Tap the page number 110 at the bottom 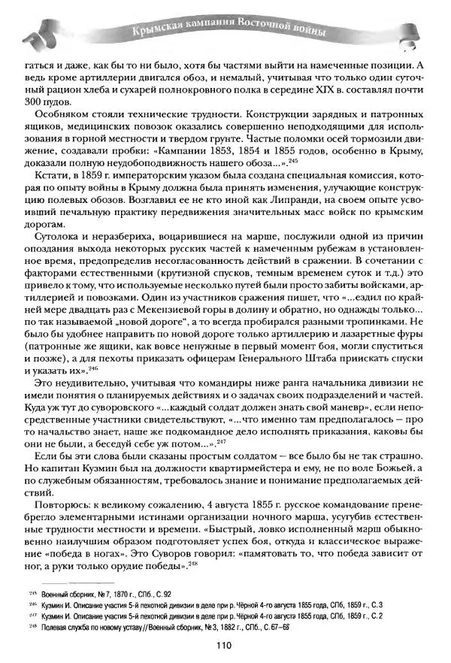tap(222, 643)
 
